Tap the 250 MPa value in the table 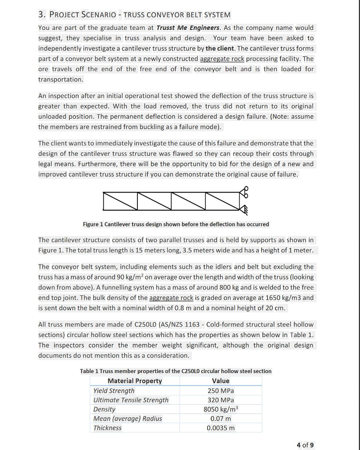tap(220, 391)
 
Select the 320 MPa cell tap(220, 400)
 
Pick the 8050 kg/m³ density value tap(220, 409)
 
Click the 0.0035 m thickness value tap(220, 428)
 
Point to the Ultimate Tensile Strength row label tap(131, 400)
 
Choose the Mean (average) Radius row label tap(127, 418)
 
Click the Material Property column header tap(134, 381)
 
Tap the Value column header tap(220, 381)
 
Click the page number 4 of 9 tap(305, 445)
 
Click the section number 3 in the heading tap(41, 15)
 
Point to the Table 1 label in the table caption tap(90, 371)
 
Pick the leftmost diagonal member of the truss tap(119, 201)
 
